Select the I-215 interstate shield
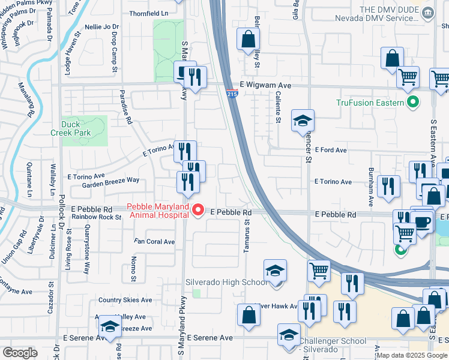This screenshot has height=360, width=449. (x=232, y=94)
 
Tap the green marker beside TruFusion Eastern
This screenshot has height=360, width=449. (x=412, y=103)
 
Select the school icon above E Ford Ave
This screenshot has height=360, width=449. (x=303, y=120)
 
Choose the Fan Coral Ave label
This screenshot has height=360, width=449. (x=154, y=242)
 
